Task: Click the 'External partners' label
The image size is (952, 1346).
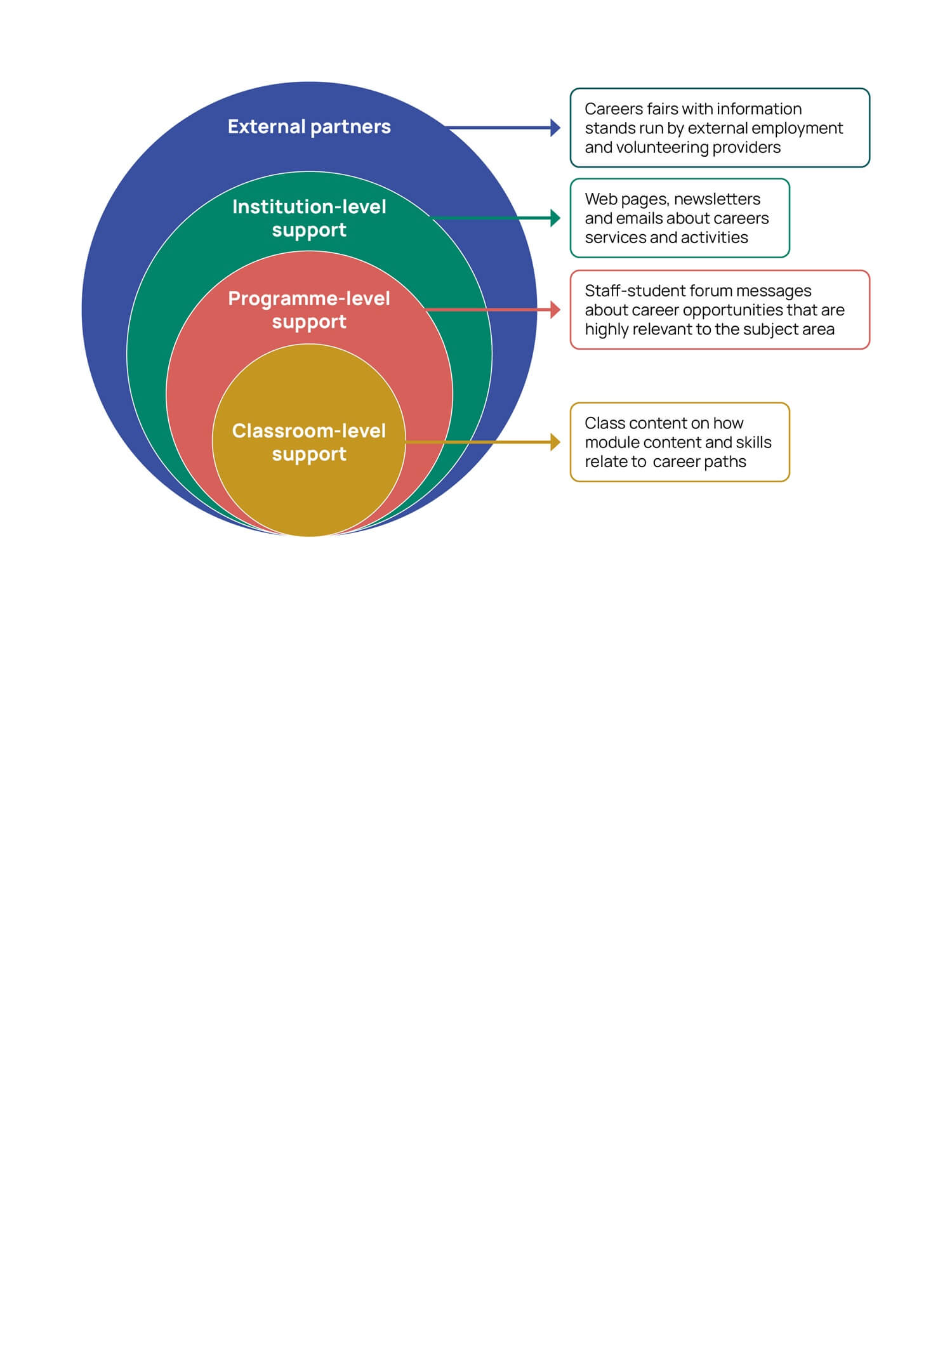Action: click(309, 127)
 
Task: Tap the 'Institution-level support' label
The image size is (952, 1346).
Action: click(309, 218)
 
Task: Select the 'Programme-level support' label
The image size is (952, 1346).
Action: click(309, 310)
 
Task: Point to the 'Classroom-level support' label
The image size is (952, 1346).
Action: click(309, 442)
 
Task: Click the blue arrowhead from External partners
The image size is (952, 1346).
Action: click(555, 128)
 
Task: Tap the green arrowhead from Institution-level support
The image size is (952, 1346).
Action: click(555, 218)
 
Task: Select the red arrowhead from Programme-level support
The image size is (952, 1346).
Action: click(555, 310)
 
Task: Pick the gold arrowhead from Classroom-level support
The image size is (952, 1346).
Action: click(555, 442)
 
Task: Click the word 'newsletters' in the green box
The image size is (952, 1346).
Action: click(717, 199)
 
